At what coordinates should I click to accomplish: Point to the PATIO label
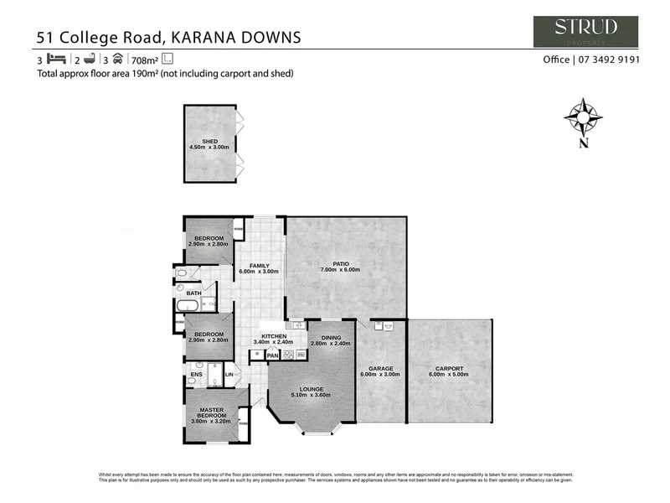pyautogui.click(x=340, y=267)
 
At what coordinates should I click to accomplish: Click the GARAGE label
pyautogui.click(x=380, y=371)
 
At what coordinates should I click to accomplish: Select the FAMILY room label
pyautogui.click(x=258, y=268)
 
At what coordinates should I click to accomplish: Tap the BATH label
pyautogui.click(x=193, y=293)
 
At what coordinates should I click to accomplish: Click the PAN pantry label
pyautogui.click(x=272, y=355)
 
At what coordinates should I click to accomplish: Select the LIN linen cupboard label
pyautogui.click(x=229, y=375)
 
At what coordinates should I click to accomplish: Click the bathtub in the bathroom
pyautogui.click(x=188, y=306)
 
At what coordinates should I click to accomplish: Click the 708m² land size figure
pyautogui.click(x=145, y=60)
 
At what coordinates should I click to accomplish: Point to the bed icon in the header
pyautogui.click(x=57, y=60)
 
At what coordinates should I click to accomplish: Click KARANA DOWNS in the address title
pyautogui.click(x=236, y=37)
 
